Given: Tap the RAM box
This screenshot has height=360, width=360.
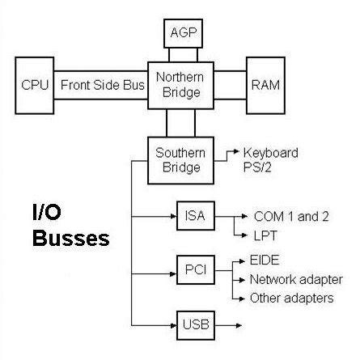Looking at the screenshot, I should [268, 84].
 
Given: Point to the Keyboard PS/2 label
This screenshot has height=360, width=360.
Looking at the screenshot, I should [271, 159].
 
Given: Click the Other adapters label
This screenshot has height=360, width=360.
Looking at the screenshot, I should [292, 299].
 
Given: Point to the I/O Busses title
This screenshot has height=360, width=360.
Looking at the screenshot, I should [62, 227].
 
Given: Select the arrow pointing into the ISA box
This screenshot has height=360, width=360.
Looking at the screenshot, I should [162, 217].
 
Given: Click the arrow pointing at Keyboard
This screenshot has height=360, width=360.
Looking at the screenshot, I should [231, 152].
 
